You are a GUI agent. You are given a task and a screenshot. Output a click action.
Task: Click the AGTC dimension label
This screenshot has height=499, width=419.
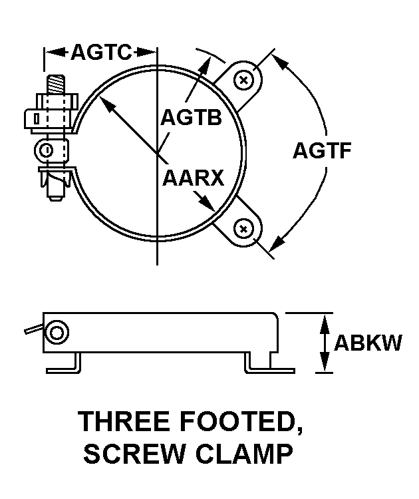coord(101,52)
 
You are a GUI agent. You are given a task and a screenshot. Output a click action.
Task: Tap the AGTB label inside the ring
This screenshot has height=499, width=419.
coord(191,117)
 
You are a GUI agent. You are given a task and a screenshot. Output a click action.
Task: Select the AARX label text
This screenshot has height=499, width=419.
coord(193,178)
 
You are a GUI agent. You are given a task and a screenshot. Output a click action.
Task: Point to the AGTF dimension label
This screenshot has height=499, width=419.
coord(322,150)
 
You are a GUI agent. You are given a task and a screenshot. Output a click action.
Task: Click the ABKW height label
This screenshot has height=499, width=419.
coord(368,343)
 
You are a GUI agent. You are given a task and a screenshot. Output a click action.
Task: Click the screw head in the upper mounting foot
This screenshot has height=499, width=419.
coord(243,80)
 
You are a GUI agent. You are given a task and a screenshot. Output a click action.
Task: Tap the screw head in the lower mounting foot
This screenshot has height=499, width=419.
coord(243,229)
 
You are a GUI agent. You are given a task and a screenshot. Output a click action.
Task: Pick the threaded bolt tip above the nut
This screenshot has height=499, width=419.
coord(57,84)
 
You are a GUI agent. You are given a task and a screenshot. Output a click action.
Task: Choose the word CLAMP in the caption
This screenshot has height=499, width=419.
coord(244,454)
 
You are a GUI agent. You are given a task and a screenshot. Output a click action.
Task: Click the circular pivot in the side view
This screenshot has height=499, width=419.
coord(57,333)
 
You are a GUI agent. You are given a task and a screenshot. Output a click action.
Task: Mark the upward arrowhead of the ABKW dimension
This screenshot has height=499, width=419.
coord(324,323)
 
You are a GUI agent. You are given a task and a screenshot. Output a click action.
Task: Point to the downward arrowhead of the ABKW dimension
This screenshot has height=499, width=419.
coord(324,363)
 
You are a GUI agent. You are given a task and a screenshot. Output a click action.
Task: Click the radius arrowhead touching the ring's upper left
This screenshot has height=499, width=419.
coord(106,103)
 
